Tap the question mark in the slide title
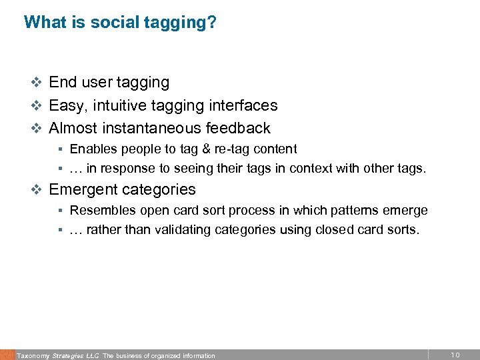point(212,22)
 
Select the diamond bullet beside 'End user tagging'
point(38,83)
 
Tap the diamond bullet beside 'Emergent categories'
point(38,190)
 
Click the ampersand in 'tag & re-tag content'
point(189,149)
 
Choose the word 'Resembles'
point(101,211)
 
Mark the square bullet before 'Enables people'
point(59,149)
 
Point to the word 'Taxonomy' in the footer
point(31,356)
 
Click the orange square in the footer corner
point(7,354)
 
